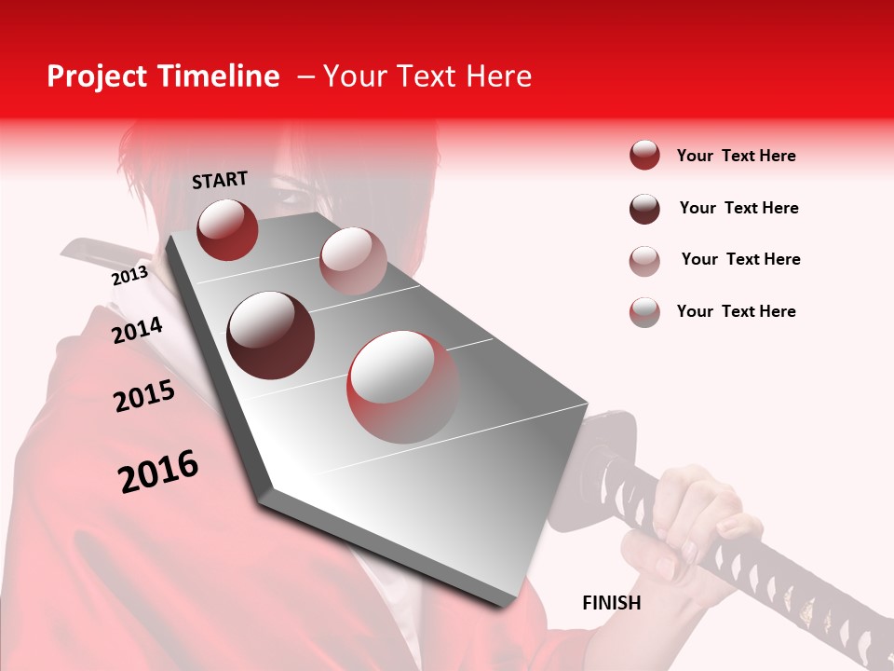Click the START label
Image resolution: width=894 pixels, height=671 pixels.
click(220, 180)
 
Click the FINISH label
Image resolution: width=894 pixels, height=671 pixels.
click(611, 603)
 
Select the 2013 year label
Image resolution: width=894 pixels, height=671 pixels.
click(129, 276)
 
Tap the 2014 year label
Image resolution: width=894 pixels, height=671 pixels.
click(137, 330)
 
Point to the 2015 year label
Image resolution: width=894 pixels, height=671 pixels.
click(144, 396)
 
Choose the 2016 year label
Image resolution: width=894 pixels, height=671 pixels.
click(158, 472)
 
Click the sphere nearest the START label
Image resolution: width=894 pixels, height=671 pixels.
click(227, 229)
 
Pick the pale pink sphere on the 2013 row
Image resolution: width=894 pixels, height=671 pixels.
click(352, 260)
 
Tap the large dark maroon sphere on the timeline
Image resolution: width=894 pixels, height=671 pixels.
click(270, 335)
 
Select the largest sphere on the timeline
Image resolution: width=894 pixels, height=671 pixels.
click(403, 387)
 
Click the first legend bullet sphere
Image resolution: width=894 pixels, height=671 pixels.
click(644, 156)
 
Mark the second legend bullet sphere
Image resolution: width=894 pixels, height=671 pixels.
click(644, 209)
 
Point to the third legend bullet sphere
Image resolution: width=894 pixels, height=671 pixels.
click(644, 260)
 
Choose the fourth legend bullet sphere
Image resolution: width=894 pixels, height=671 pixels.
click(644, 311)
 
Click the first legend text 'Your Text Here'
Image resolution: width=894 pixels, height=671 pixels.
click(736, 156)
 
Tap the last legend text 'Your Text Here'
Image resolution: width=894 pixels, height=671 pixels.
click(736, 311)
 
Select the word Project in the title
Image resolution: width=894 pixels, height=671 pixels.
click(98, 76)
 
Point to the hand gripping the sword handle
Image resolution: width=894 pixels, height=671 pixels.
click(694, 522)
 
